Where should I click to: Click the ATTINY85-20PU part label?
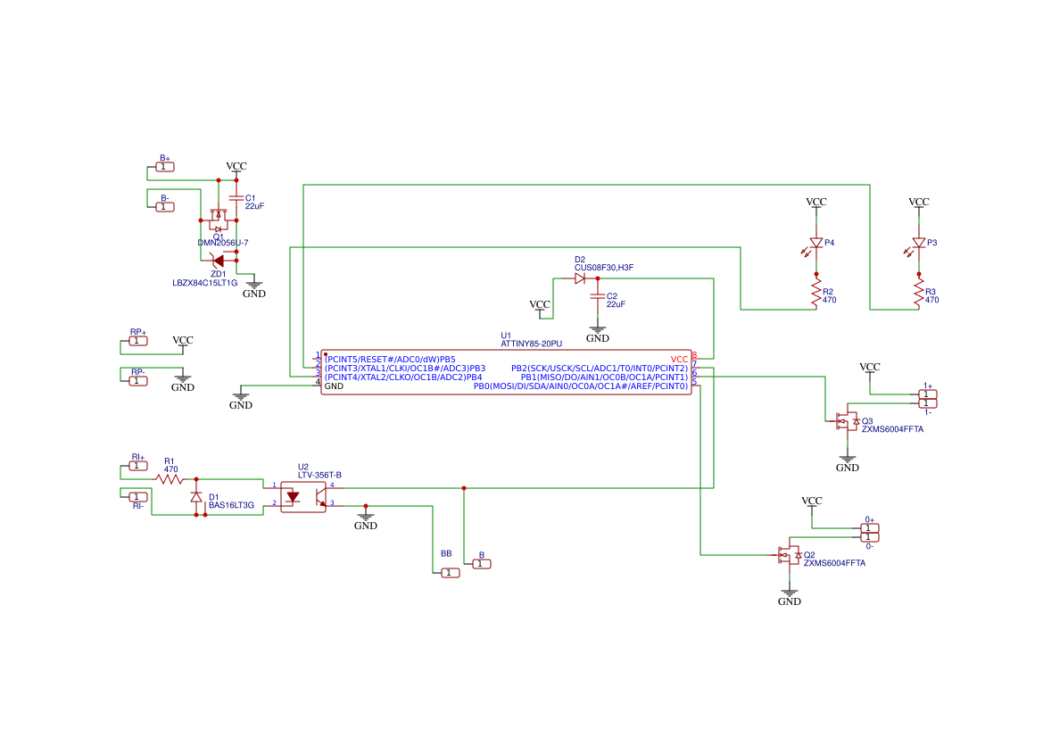coord(531,344)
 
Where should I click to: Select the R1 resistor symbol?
coord(170,479)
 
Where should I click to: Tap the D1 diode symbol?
coord(196,497)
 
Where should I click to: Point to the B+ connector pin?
coord(165,167)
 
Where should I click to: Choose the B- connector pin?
coord(165,207)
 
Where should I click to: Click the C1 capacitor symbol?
coord(236,198)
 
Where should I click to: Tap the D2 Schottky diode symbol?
coord(580,278)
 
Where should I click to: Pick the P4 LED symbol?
coord(815,243)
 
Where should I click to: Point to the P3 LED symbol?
coord(918,243)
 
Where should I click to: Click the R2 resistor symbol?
coord(815,293)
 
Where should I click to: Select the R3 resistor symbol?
coord(918,293)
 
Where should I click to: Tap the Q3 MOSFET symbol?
coord(844,421)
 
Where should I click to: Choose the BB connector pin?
coord(450,573)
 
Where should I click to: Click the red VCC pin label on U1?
coord(679,359)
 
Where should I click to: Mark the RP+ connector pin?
coord(138,341)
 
